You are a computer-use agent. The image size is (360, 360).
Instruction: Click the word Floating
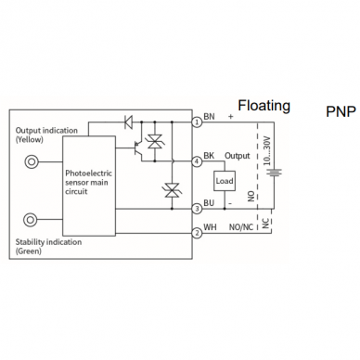point(264,106)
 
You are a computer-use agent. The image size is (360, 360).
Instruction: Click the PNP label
point(341,111)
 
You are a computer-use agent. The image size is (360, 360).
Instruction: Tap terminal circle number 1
point(197,122)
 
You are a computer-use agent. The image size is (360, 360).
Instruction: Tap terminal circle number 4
point(197,161)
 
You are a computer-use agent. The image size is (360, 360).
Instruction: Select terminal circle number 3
point(197,209)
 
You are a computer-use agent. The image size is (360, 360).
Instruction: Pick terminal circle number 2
point(197,233)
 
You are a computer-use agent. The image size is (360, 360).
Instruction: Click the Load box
point(225,181)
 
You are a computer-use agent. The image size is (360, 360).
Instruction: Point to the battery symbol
point(274,172)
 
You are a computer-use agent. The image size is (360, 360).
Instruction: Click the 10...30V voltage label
point(267,151)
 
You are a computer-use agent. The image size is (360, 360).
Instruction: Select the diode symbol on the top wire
point(128,122)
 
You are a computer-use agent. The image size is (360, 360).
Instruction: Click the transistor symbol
point(138,148)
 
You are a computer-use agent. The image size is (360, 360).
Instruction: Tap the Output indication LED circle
point(32,161)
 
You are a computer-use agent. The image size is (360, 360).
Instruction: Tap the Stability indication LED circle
point(31,220)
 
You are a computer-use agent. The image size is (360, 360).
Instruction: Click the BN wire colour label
point(209,117)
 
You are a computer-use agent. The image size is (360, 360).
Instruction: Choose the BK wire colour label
point(209,156)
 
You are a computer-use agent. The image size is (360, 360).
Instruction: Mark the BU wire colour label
point(209,203)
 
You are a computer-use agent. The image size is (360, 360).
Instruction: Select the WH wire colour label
point(210,227)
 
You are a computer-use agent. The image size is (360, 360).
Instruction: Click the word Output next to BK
point(238,156)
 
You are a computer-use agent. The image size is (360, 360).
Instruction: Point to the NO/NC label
point(241,227)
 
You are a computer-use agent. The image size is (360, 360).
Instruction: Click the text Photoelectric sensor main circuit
point(88,183)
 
